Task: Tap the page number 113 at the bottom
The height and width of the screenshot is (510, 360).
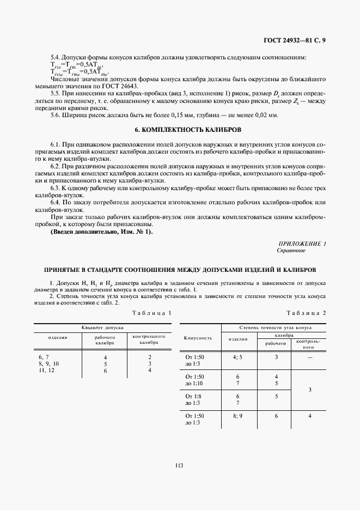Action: (179, 465)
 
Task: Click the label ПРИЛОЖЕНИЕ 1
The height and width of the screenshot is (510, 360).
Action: (302, 244)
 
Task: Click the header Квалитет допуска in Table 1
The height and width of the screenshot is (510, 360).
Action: (103, 328)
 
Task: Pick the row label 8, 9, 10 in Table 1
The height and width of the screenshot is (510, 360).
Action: (49, 363)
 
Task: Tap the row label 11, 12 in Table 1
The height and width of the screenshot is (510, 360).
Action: (46, 370)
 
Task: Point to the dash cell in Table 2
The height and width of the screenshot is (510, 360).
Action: (310, 357)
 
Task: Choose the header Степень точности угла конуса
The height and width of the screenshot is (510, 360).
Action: (275, 327)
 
